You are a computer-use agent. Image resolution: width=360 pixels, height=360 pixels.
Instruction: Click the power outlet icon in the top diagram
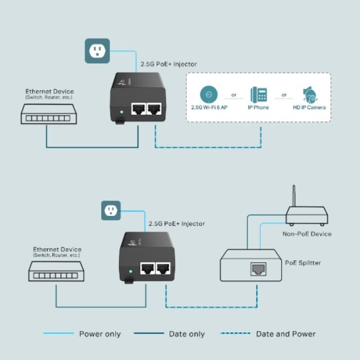(x=97, y=50)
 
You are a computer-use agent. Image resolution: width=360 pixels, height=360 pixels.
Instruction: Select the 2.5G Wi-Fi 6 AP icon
(x=208, y=94)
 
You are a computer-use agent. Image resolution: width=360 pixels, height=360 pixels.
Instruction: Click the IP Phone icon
(x=259, y=95)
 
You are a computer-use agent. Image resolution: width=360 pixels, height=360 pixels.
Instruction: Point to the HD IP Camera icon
(x=310, y=94)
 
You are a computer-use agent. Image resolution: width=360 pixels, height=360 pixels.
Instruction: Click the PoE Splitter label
(x=303, y=263)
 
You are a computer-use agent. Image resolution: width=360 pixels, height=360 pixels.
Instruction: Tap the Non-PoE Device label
(x=307, y=234)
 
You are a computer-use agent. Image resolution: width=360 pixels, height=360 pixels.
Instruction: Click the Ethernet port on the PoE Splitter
(x=257, y=268)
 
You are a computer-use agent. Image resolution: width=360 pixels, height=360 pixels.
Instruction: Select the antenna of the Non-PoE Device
(x=294, y=199)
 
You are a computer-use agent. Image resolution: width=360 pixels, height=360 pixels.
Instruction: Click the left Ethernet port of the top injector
(x=137, y=109)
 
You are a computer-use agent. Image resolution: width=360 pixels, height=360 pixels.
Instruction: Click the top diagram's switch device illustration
(x=47, y=114)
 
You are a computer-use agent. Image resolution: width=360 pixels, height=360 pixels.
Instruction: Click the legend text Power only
(x=100, y=334)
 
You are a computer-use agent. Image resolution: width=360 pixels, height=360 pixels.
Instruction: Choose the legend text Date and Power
(x=286, y=334)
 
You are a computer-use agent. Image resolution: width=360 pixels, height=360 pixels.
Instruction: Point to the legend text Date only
(x=187, y=334)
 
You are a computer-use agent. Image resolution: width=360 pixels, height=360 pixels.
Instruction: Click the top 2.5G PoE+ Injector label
(x=169, y=64)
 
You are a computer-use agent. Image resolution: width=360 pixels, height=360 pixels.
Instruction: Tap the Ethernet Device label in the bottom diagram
(x=57, y=249)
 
